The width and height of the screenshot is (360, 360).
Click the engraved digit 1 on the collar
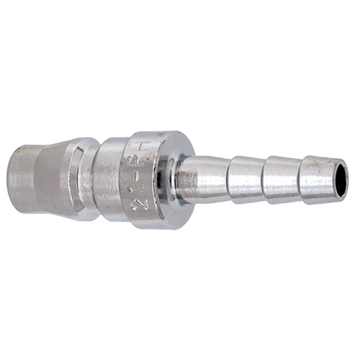click(x=143, y=189)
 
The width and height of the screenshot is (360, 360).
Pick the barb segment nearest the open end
click(x=317, y=179)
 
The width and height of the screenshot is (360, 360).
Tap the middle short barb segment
click(x=281, y=179)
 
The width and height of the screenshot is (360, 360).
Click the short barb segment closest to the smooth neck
click(x=245, y=179)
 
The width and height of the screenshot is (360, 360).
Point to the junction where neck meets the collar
click(x=177, y=179)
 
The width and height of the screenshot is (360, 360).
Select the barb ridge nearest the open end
click(x=301, y=179)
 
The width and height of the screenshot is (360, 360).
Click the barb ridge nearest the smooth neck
click(x=229, y=179)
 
